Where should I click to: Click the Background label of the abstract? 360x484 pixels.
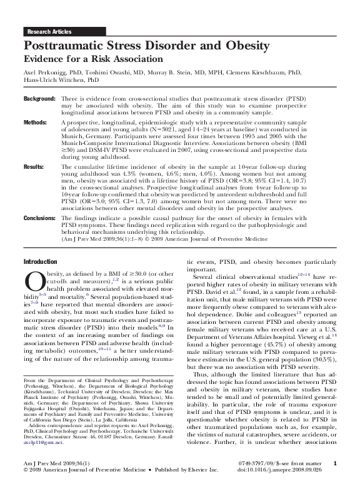(39, 99)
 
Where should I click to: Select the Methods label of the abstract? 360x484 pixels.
(35, 123)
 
